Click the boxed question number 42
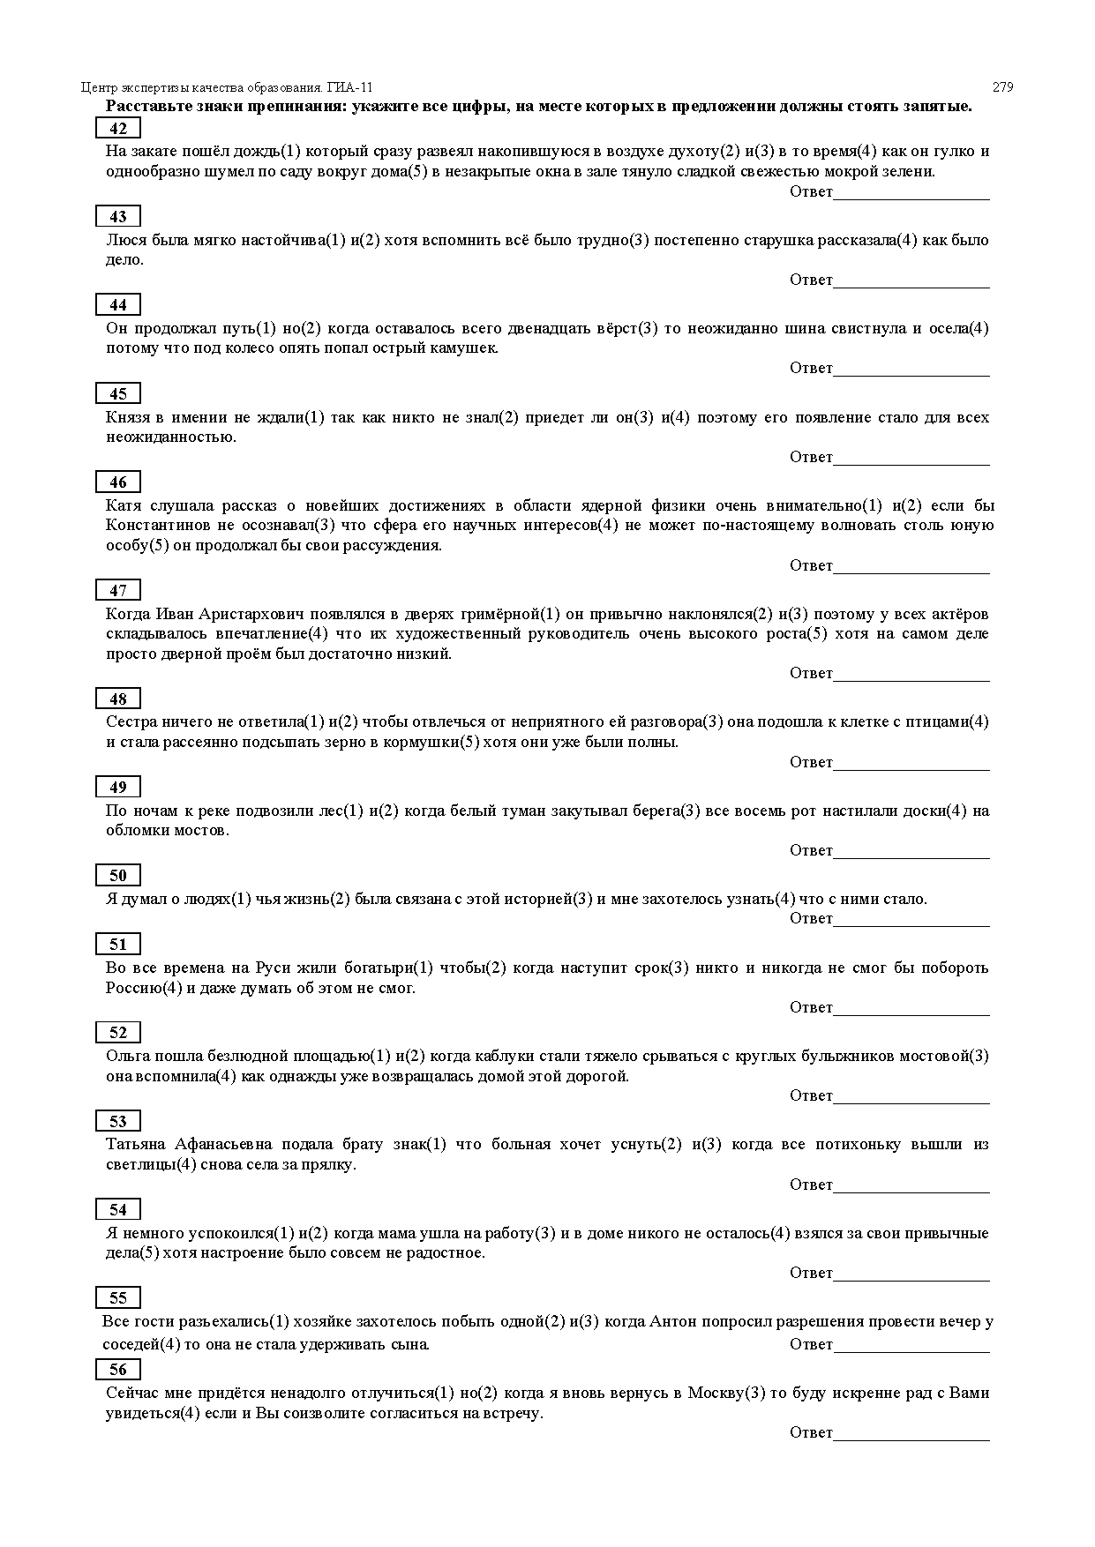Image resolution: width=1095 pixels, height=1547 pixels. [x=117, y=129]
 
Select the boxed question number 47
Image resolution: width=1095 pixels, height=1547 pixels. [x=117, y=590]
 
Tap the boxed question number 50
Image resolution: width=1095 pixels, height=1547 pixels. [x=117, y=875]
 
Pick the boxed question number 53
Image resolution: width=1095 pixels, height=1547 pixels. [x=117, y=1121]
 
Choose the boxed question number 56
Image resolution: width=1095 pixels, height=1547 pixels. [x=117, y=1369]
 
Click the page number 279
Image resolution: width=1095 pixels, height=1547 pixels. [x=1002, y=87]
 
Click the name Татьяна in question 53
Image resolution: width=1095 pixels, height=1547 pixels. [x=136, y=1144]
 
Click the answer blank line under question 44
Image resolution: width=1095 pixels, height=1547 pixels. [x=911, y=375]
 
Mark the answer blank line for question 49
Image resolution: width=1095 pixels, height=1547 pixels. [x=911, y=857]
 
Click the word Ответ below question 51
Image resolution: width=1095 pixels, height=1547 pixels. [x=811, y=1007]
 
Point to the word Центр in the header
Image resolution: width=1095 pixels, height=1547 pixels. [x=98, y=87]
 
